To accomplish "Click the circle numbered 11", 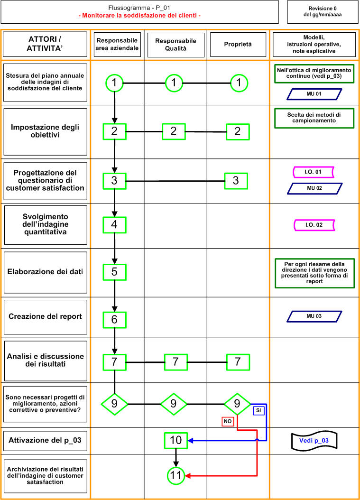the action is tap(175, 476).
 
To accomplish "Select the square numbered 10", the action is tap(175, 440).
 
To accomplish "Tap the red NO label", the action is tap(228, 421).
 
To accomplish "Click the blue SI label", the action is tap(258, 410).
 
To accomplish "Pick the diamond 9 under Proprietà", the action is tap(237, 404).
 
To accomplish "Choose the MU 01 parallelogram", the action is tap(314, 94).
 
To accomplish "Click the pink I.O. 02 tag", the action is tap(314, 225).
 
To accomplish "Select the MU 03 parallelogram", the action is tap(314, 316).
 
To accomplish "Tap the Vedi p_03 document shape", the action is tap(314, 441).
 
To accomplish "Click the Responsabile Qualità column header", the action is tap(175, 45).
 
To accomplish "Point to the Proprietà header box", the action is tap(238, 44).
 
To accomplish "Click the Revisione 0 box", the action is tap(323, 12).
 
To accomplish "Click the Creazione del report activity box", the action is tap(45, 317).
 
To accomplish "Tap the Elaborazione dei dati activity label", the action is tap(45, 272).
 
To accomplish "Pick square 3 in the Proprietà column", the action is tap(236, 181).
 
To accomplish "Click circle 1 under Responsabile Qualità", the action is tap(174, 83).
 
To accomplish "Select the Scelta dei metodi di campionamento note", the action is tap(314, 118).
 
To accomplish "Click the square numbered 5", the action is tap(114, 272).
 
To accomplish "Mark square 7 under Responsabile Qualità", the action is tap(175, 362).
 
